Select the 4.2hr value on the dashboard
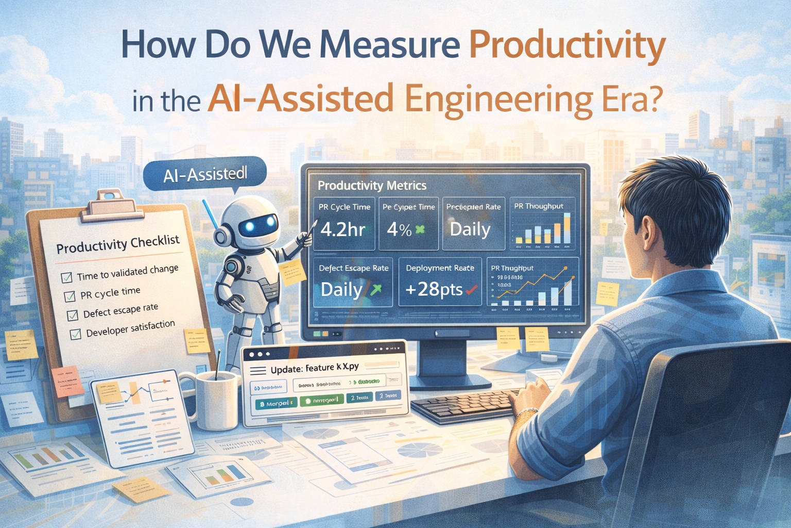342,229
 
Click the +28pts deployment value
434,289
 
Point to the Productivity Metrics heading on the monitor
372,186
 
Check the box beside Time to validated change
66,278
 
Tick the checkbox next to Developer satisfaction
75,335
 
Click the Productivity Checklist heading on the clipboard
118,244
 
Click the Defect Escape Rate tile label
353,268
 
